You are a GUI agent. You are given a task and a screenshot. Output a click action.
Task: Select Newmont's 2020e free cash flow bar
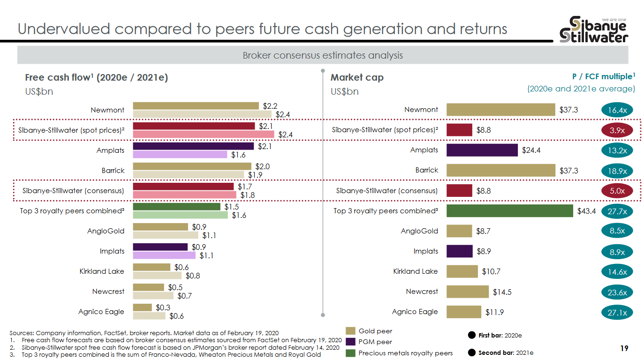(x=196, y=106)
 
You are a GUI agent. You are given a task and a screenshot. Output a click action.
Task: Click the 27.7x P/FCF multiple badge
(x=617, y=211)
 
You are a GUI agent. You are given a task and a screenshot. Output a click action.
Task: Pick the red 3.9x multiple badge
(x=617, y=130)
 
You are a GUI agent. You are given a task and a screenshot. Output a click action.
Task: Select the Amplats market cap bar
(x=482, y=150)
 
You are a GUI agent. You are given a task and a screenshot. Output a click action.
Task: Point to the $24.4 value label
(x=531, y=150)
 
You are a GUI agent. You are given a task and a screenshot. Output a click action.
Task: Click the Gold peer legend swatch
(x=350, y=331)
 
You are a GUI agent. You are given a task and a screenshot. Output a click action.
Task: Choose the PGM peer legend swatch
(x=350, y=342)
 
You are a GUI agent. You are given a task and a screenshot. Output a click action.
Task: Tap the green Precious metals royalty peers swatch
(x=350, y=353)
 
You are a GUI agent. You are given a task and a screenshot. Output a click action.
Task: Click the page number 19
(x=624, y=348)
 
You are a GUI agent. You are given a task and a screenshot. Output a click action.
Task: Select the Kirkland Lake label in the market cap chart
(x=415, y=271)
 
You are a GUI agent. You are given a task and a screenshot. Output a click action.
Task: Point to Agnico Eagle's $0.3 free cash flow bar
(x=142, y=307)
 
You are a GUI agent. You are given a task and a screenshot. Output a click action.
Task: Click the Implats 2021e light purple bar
(x=164, y=255)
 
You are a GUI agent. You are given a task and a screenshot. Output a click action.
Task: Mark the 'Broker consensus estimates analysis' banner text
(x=322, y=55)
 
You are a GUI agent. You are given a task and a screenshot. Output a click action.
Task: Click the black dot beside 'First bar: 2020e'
(x=471, y=335)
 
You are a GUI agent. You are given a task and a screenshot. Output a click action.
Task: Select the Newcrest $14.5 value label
(x=502, y=292)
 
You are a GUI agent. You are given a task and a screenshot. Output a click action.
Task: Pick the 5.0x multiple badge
(x=617, y=191)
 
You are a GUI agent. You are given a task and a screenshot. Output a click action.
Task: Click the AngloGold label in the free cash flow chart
(x=106, y=231)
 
